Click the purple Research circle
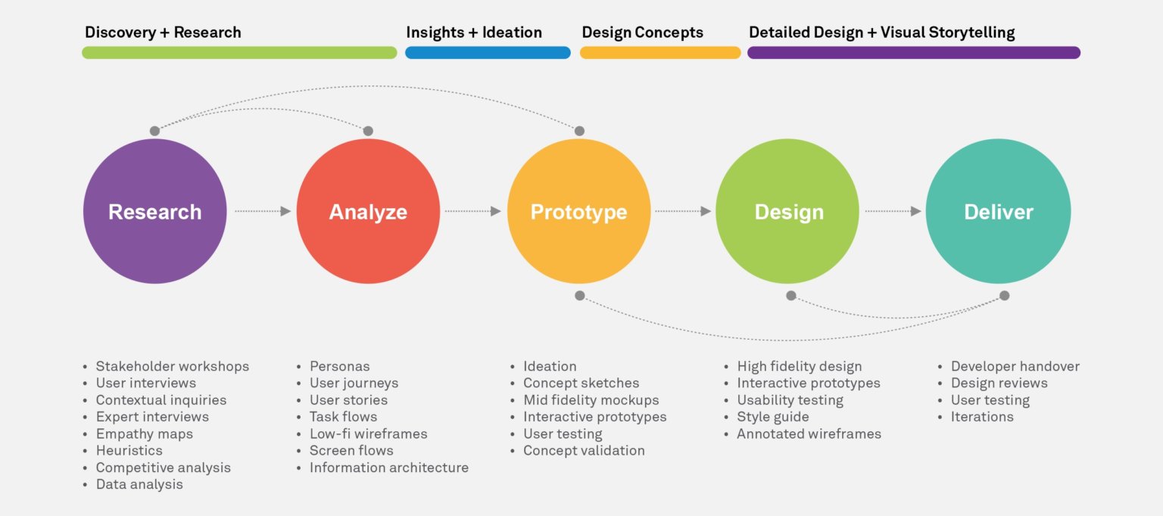coord(154,211)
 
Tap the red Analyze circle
coord(368,211)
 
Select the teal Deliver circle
coord(998,211)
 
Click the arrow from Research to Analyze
coord(263,211)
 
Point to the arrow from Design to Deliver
coord(893,211)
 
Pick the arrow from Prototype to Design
coord(683,211)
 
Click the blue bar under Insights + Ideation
coord(488,52)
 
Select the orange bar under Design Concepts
coord(660,52)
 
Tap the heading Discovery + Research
coord(163,32)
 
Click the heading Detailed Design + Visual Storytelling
coord(881,32)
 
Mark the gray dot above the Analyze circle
coord(368,131)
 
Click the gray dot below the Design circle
coord(790,296)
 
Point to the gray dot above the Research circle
coord(154,131)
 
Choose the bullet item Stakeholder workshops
coord(173,366)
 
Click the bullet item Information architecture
coord(389,468)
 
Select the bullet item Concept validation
coord(584,450)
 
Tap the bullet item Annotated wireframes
coord(809,434)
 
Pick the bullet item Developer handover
coord(1015,366)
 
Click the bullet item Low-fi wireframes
coord(369,434)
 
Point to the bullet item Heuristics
coord(129,450)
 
